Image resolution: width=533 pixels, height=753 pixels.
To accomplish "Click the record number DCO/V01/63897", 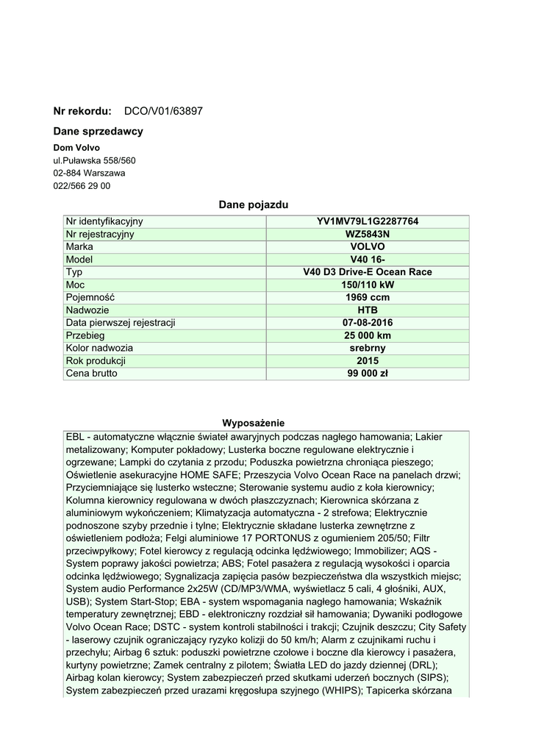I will coord(163,111).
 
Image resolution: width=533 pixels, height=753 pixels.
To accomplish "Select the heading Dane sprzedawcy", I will coord(98,132).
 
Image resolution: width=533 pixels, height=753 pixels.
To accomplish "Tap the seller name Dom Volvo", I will coord(76,148).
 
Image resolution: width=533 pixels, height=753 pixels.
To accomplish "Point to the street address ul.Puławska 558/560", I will coord(94,160).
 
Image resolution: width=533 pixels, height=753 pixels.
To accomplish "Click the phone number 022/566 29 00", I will coord(82,186).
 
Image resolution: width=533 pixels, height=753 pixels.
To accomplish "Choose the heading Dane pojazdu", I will coord(254,204).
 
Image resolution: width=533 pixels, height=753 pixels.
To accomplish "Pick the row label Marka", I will coord(79,246).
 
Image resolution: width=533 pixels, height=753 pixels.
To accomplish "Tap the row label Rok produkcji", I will coord(96,360).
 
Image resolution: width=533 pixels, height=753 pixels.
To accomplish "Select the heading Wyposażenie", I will coord(254,423).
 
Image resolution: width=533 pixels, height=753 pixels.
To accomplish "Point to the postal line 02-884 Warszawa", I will coord(89,174).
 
